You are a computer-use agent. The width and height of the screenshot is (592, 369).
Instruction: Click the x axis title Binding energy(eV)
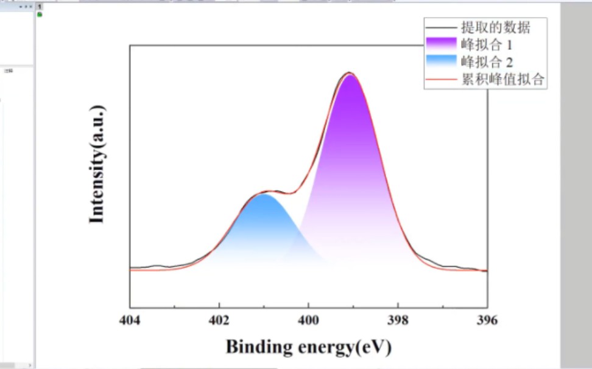pos(308,347)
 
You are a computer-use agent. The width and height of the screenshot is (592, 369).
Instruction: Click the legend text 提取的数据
pos(496,27)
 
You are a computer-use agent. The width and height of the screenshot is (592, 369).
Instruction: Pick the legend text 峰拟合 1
pos(487,45)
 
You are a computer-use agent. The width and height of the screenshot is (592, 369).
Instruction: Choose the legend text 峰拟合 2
pos(487,62)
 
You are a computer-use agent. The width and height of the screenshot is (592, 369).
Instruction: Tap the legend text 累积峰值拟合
pos(502,79)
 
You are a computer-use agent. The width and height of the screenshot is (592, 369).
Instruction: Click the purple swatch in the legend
pos(441,44)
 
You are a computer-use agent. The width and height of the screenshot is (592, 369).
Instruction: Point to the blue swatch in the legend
pos(441,61)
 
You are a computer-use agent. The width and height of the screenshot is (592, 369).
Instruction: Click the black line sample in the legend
pos(441,27)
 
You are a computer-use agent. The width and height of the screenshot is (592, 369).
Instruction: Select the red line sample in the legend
pos(441,79)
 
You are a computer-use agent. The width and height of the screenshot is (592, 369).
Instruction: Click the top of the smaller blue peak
pos(264,195)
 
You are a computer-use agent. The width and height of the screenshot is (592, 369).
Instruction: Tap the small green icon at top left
pos(40,14)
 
